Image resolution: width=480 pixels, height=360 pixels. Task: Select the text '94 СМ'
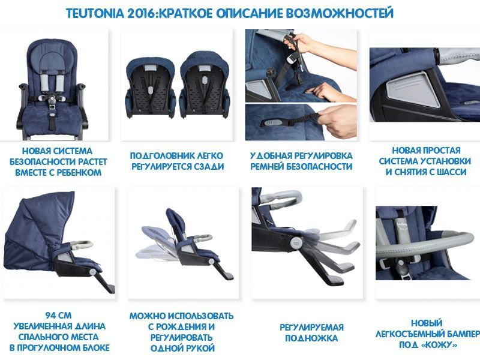[58, 316]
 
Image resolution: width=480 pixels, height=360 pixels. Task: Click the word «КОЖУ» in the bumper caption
[439, 344]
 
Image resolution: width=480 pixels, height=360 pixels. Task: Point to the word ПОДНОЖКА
[311, 338]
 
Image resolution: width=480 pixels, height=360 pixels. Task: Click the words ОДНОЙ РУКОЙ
[182, 349]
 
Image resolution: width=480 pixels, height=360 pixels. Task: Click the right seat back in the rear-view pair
[205, 85]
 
